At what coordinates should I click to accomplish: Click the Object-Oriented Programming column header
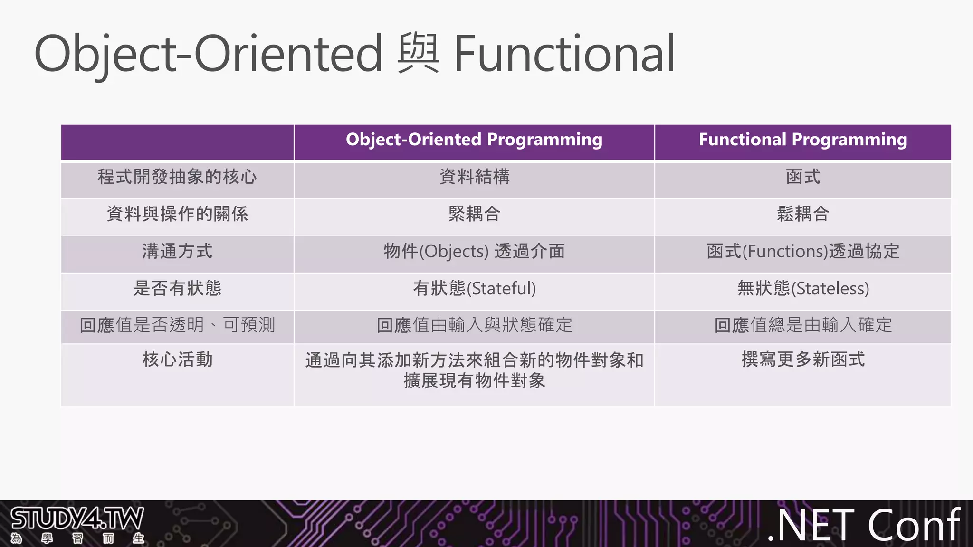pos(474,140)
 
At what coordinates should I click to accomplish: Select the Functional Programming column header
pos(803,140)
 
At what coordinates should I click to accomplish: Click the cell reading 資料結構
pos(474,177)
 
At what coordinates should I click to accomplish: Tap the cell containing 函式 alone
pos(803,177)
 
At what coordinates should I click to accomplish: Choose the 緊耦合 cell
pos(474,214)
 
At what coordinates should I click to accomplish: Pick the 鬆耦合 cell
pos(803,214)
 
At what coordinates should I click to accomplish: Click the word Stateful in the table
pos(501,289)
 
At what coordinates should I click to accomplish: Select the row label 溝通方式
pos(177,251)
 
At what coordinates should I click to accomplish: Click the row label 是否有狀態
pos(177,288)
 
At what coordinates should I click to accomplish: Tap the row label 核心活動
pos(177,359)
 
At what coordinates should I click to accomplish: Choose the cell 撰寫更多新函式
pos(803,359)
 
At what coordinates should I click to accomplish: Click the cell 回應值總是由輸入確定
pos(803,325)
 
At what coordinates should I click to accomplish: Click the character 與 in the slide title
pos(418,53)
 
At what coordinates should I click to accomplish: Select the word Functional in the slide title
pos(564,53)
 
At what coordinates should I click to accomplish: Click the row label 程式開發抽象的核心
pos(177,177)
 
